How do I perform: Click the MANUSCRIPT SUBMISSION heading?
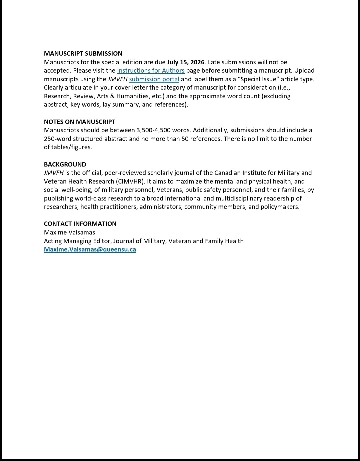coord(83,54)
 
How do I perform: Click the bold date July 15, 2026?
coord(186,62)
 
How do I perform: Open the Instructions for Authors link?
coord(150,71)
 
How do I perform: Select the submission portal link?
coord(154,79)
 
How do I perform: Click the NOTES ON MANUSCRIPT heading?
coord(80,122)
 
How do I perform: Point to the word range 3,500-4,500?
coord(153,130)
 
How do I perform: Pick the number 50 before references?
coord(185,139)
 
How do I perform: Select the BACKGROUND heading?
coord(65,165)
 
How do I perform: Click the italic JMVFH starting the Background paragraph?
coord(54,173)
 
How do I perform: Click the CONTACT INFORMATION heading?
coord(80,224)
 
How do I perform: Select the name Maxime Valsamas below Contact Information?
coord(69,232)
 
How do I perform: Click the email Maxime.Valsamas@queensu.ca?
coord(90,249)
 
